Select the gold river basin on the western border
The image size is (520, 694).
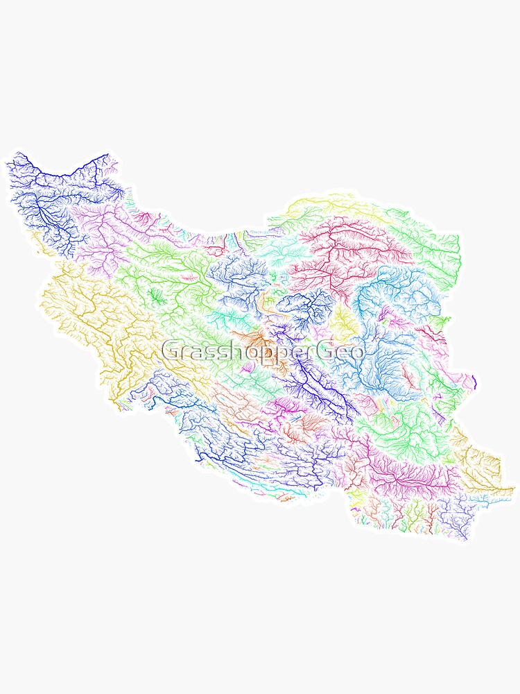click(83, 312)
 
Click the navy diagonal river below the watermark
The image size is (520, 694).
click(319, 389)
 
